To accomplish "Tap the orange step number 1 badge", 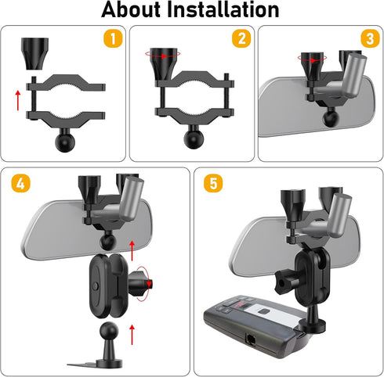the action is [113, 38].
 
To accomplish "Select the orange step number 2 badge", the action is [241, 38].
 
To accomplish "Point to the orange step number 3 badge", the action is [370, 38].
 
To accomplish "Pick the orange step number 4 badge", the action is [21, 183].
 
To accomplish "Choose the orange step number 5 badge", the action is [213, 183].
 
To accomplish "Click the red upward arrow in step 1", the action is [18, 100].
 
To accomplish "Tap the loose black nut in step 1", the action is [34, 54].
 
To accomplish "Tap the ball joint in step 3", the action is [331, 119].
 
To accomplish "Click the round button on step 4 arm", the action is [96, 286].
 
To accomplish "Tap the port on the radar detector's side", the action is [251, 339].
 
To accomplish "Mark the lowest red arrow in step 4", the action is [132, 335].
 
